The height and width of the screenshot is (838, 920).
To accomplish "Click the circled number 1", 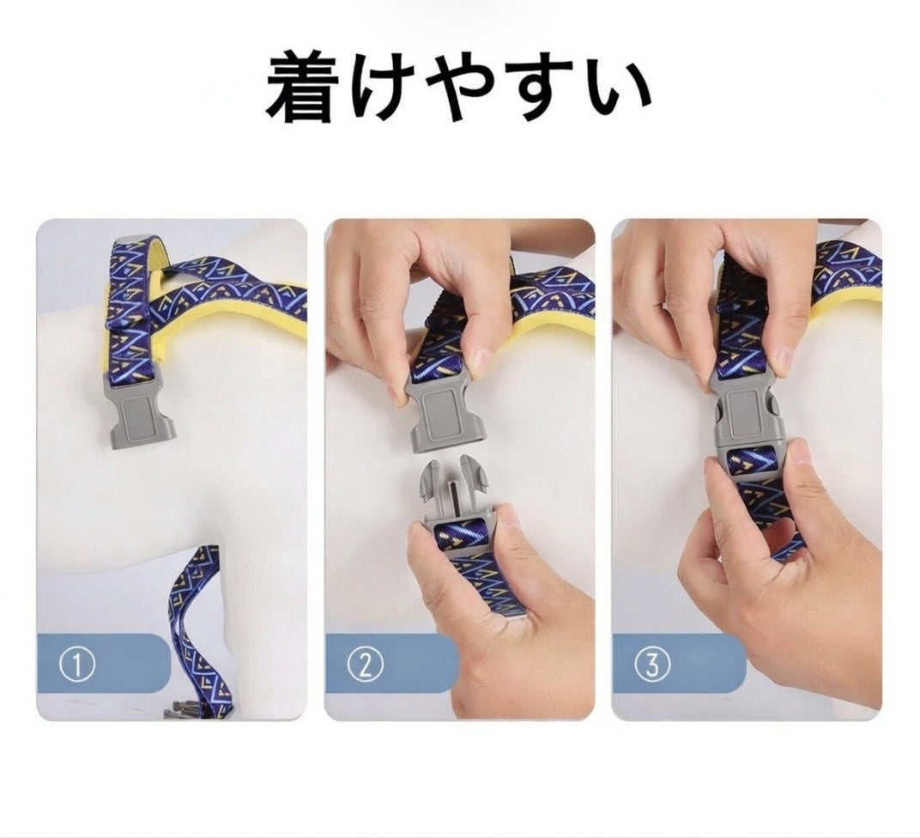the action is pyautogui.click(x=77, y=665).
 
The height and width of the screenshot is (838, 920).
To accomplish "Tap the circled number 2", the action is pyautogui.click(x=365, y=665).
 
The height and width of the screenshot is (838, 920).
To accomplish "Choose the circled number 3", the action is pyautogui.click(x=652, y=665).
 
